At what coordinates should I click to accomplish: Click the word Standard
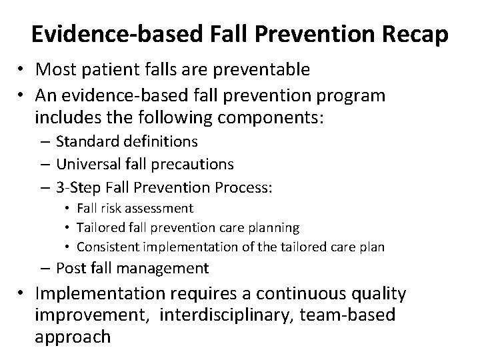click(89, 141)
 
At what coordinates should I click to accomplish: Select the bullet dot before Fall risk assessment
click(69, 209)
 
